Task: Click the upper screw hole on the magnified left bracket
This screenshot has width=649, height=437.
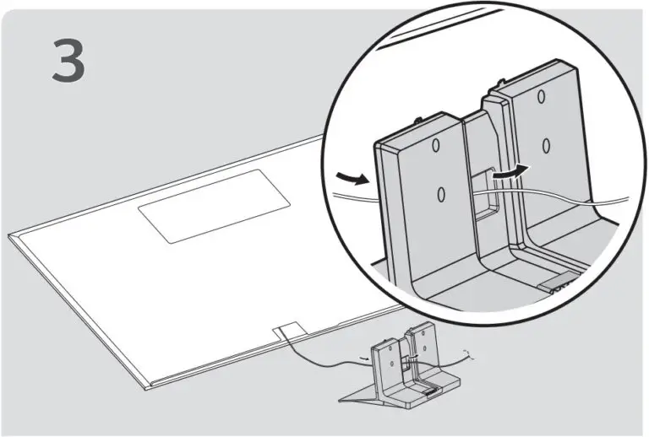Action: point(436,146)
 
